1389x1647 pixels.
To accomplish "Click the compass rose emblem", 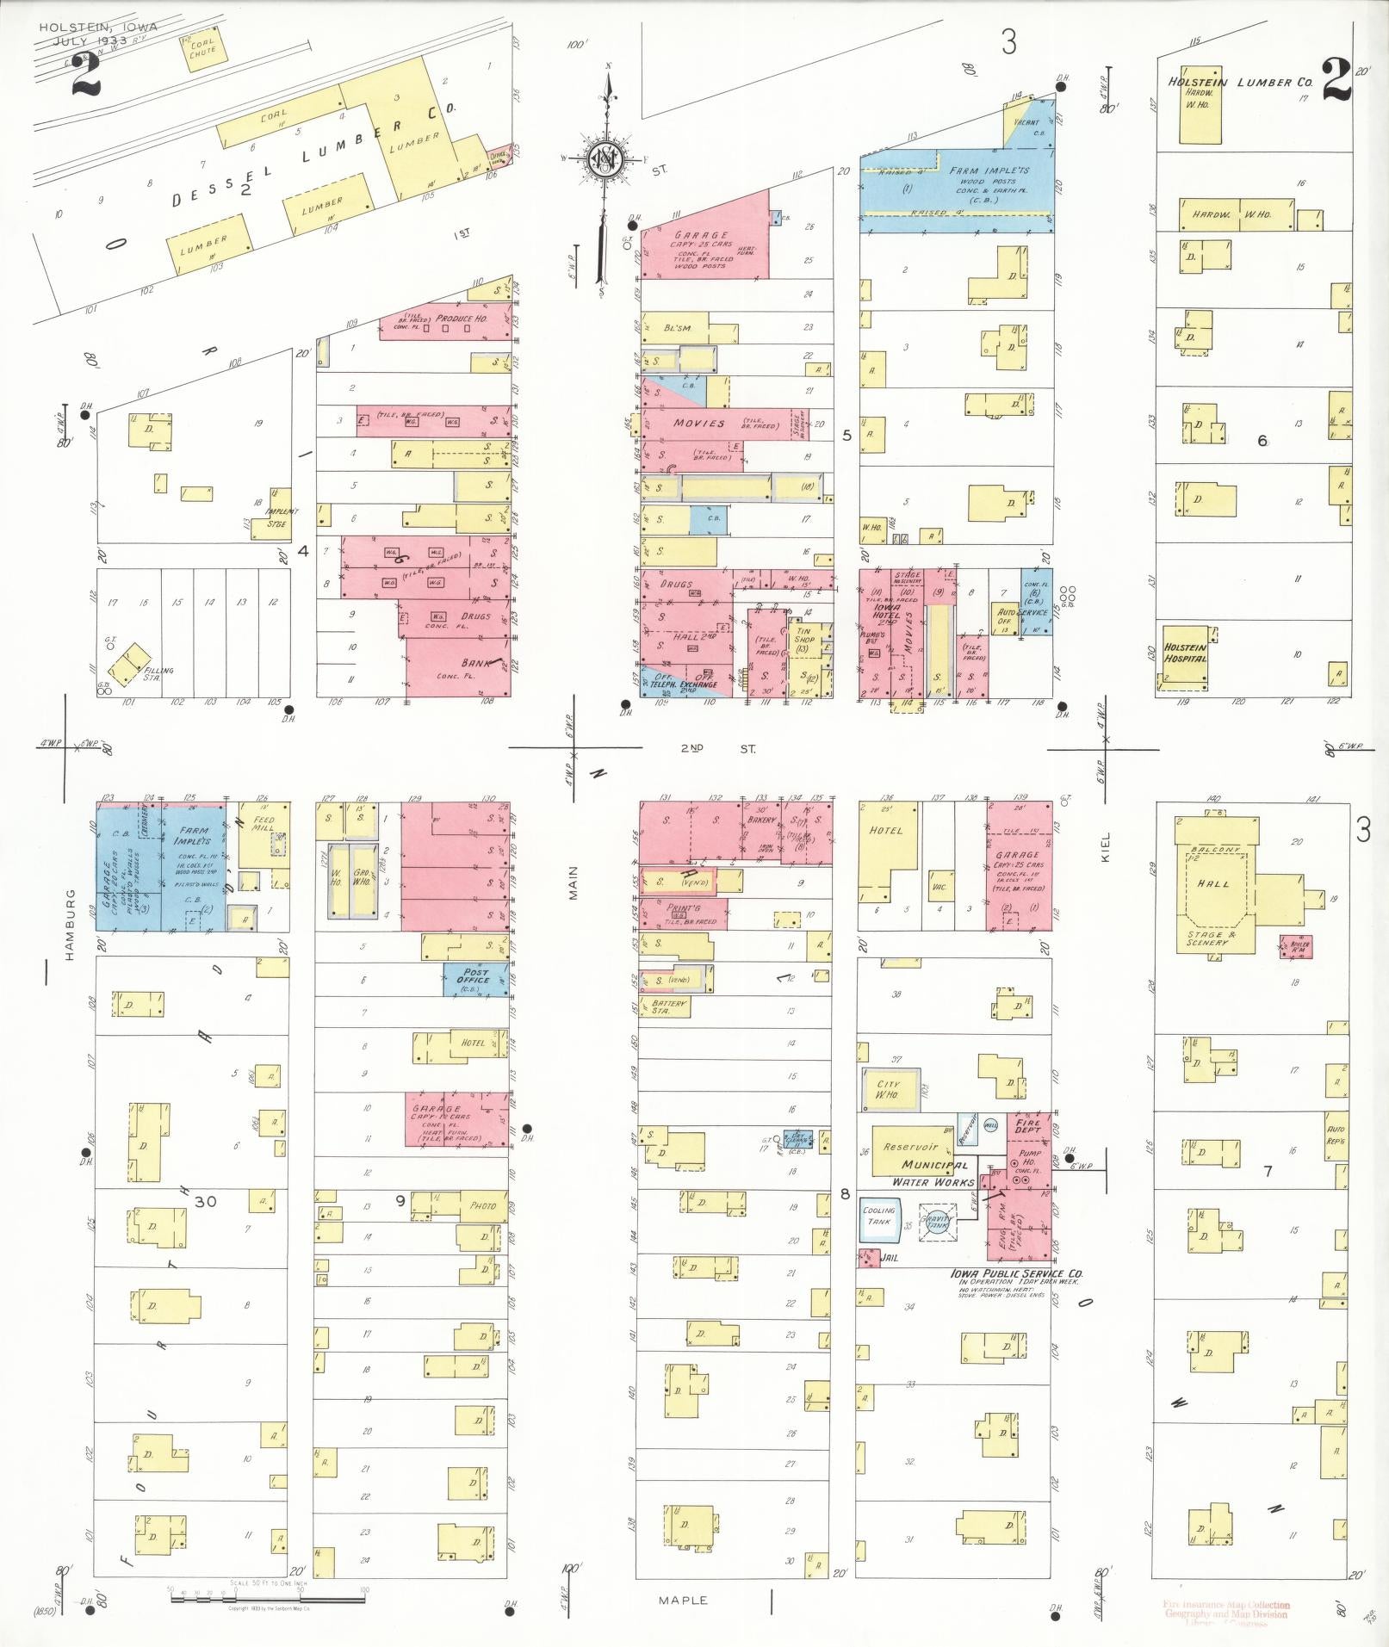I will tap(605, 160).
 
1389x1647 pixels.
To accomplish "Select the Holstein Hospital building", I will tap(1184, 658).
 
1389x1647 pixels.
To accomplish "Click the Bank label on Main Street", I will tap(474, 663).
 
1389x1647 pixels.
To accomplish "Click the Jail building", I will tap(868, 1258).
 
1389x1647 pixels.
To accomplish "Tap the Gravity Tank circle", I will tap(937, 1221).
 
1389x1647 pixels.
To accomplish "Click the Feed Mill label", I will tap(263, 824).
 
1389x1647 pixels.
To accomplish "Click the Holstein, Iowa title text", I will tap(97, 27).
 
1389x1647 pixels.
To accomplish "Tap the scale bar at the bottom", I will tap(267, 1597).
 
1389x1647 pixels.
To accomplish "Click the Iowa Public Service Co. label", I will tap(1016, 1273).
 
